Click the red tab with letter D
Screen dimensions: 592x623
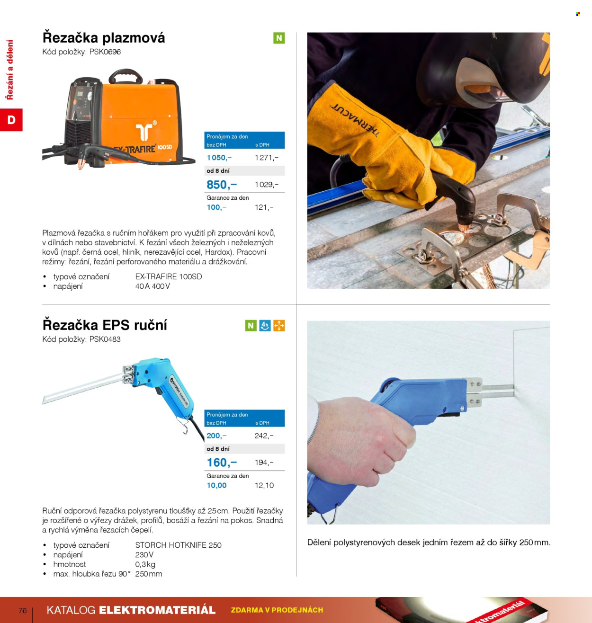coord(11,120)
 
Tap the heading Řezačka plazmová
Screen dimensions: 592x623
coord(104,38)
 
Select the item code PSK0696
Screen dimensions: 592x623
coord(105,52)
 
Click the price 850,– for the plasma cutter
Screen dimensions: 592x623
coord(222,185)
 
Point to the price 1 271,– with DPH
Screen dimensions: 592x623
coord(266,158)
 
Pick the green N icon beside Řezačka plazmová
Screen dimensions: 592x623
coord(279,38)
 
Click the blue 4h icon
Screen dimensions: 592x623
coord(265,325)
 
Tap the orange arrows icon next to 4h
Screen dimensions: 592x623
coord(279,325)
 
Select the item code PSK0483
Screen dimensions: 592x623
coord(105,339)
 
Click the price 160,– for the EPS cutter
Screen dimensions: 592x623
coord(222,463)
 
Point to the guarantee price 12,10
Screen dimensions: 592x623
coord(264,485)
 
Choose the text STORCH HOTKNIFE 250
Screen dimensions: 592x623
coord(178,545)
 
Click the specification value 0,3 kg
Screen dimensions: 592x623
coord(145,564)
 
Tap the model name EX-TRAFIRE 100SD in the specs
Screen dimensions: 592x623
coord(169,276)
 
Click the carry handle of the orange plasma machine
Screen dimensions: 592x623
coord(126,76)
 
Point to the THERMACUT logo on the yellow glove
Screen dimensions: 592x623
coord(355,120)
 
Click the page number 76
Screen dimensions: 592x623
coord(23,610)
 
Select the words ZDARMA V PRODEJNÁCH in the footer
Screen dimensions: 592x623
coord(277,610)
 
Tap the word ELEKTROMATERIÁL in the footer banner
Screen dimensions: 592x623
coord(157,610)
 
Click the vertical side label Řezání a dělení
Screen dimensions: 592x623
coord(10,70)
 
